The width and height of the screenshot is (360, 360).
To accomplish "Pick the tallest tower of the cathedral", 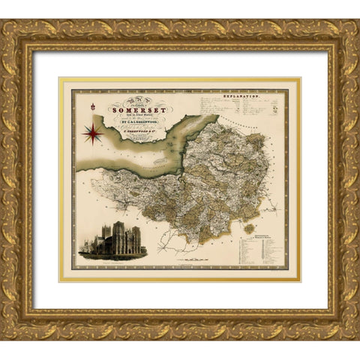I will (118, 229).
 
